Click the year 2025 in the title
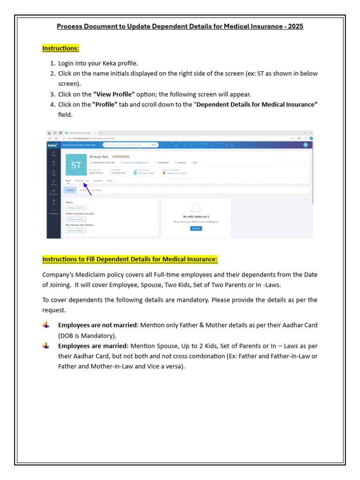(295, 27)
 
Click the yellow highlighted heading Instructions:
(60, 48)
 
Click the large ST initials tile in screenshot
(76, 165)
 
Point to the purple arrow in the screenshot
(87, 187)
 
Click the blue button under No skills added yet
(196, 228)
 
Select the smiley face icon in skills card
(196, 208)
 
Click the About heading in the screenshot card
(69, 202)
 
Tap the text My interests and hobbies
(80, 225)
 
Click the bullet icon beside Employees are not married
(45, 324)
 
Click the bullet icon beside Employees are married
(45, 345)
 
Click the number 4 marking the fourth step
(52, 105)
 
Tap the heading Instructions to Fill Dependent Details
(130, 259)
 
